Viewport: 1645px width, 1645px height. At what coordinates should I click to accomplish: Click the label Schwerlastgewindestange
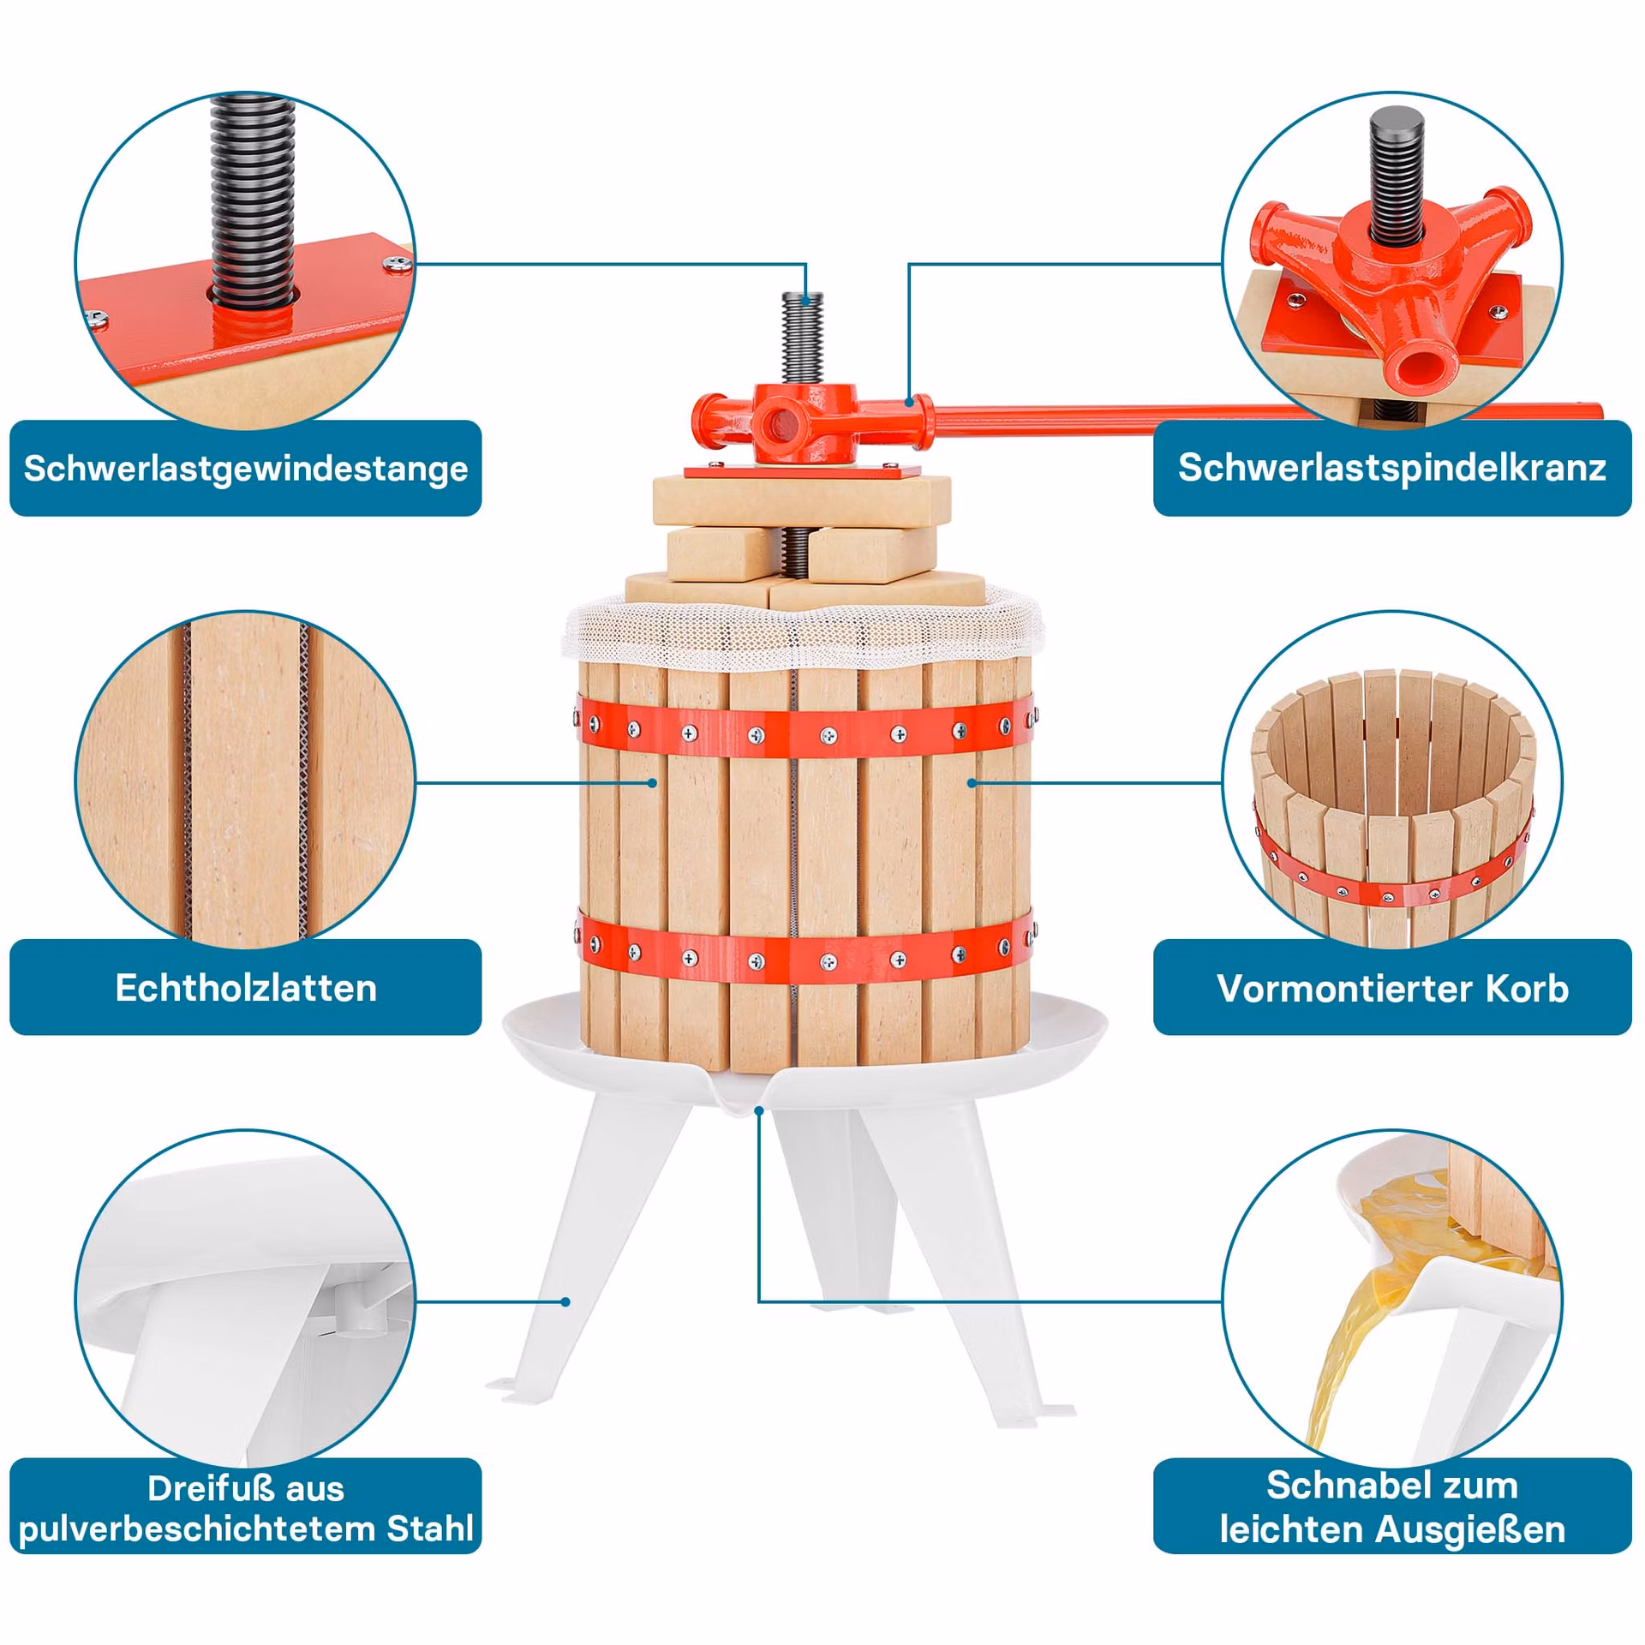pos(246,468)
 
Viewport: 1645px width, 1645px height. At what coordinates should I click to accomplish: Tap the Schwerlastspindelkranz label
pos(1391,468)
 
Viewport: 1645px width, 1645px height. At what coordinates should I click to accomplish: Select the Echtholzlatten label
pos(246,988)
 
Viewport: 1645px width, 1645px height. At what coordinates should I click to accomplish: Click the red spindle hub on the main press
pos(805,420)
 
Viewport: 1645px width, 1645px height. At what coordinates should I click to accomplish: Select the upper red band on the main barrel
pos(805,729)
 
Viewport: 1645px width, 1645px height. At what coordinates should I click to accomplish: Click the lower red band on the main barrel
pos(805,953)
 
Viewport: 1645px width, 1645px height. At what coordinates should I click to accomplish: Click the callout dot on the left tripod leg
pos(565,1301)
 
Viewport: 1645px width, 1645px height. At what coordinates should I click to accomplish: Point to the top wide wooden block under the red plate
pos(802,500)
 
